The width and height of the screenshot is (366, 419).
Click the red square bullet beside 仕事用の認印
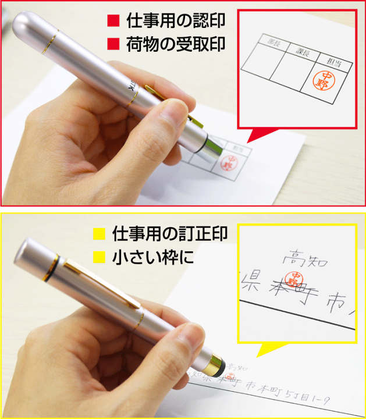click(113, 22)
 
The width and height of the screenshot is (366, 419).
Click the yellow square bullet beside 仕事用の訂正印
click(99, 235)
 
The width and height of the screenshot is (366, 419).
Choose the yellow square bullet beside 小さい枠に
click(99, 256)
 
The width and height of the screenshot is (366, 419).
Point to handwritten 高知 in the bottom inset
click(300, 255)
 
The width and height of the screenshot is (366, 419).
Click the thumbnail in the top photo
click(175, 111)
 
